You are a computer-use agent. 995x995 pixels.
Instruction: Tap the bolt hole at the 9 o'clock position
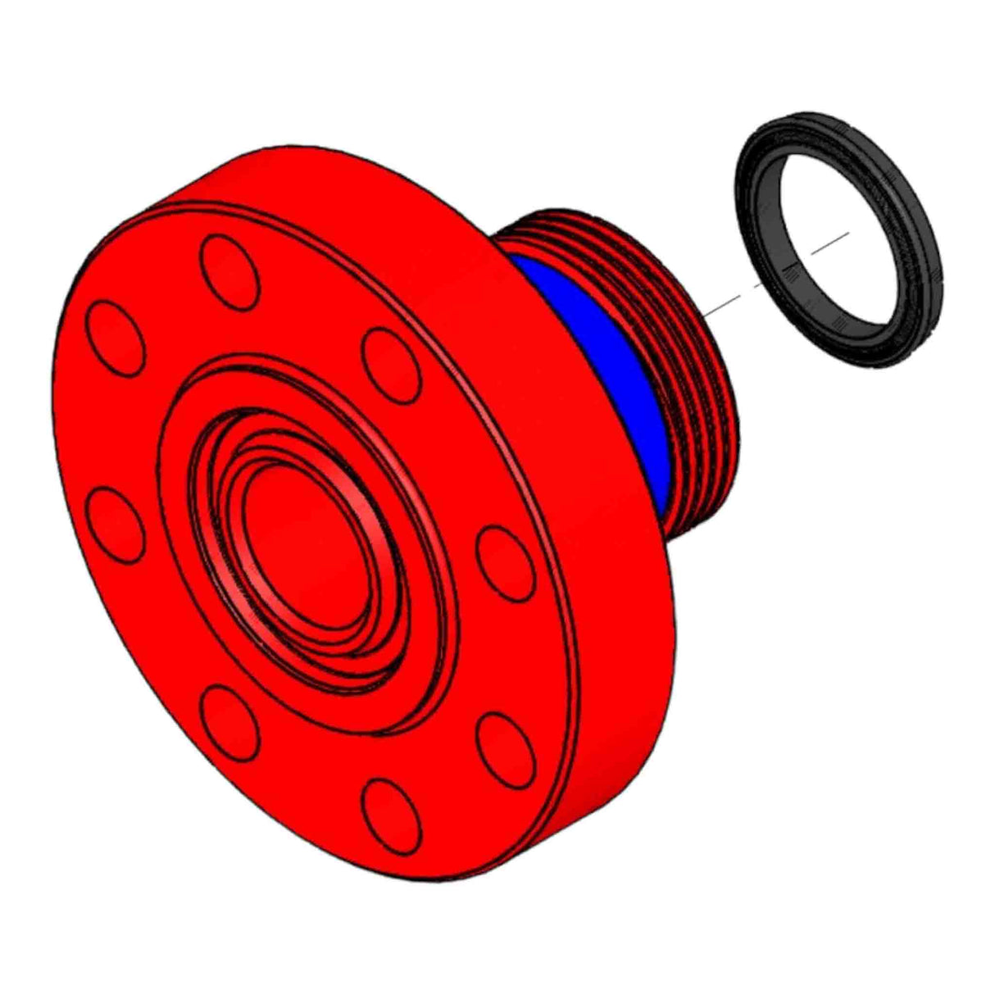point(115,525)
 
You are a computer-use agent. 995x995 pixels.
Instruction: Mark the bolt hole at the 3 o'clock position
point(506,564)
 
